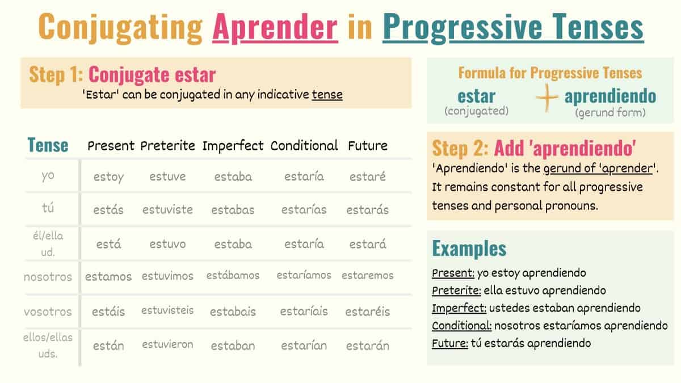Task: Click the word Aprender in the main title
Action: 275,27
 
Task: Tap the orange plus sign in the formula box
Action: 547,98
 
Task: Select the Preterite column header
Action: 168,145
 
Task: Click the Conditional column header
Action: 304,145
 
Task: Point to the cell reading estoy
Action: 108,177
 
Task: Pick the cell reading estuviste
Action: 167,209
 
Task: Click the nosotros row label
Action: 48,277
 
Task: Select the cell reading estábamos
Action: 233,276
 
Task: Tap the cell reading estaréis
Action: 367,312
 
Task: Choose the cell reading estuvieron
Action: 167,344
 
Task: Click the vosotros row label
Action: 48,312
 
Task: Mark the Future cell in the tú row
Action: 367,209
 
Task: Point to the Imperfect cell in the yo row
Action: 233,177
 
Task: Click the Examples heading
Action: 469,249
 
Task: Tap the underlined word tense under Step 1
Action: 327,94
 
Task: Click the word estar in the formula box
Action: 476,96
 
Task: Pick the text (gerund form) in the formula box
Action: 610,112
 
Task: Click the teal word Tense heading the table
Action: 48,145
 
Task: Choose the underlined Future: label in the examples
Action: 450,343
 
